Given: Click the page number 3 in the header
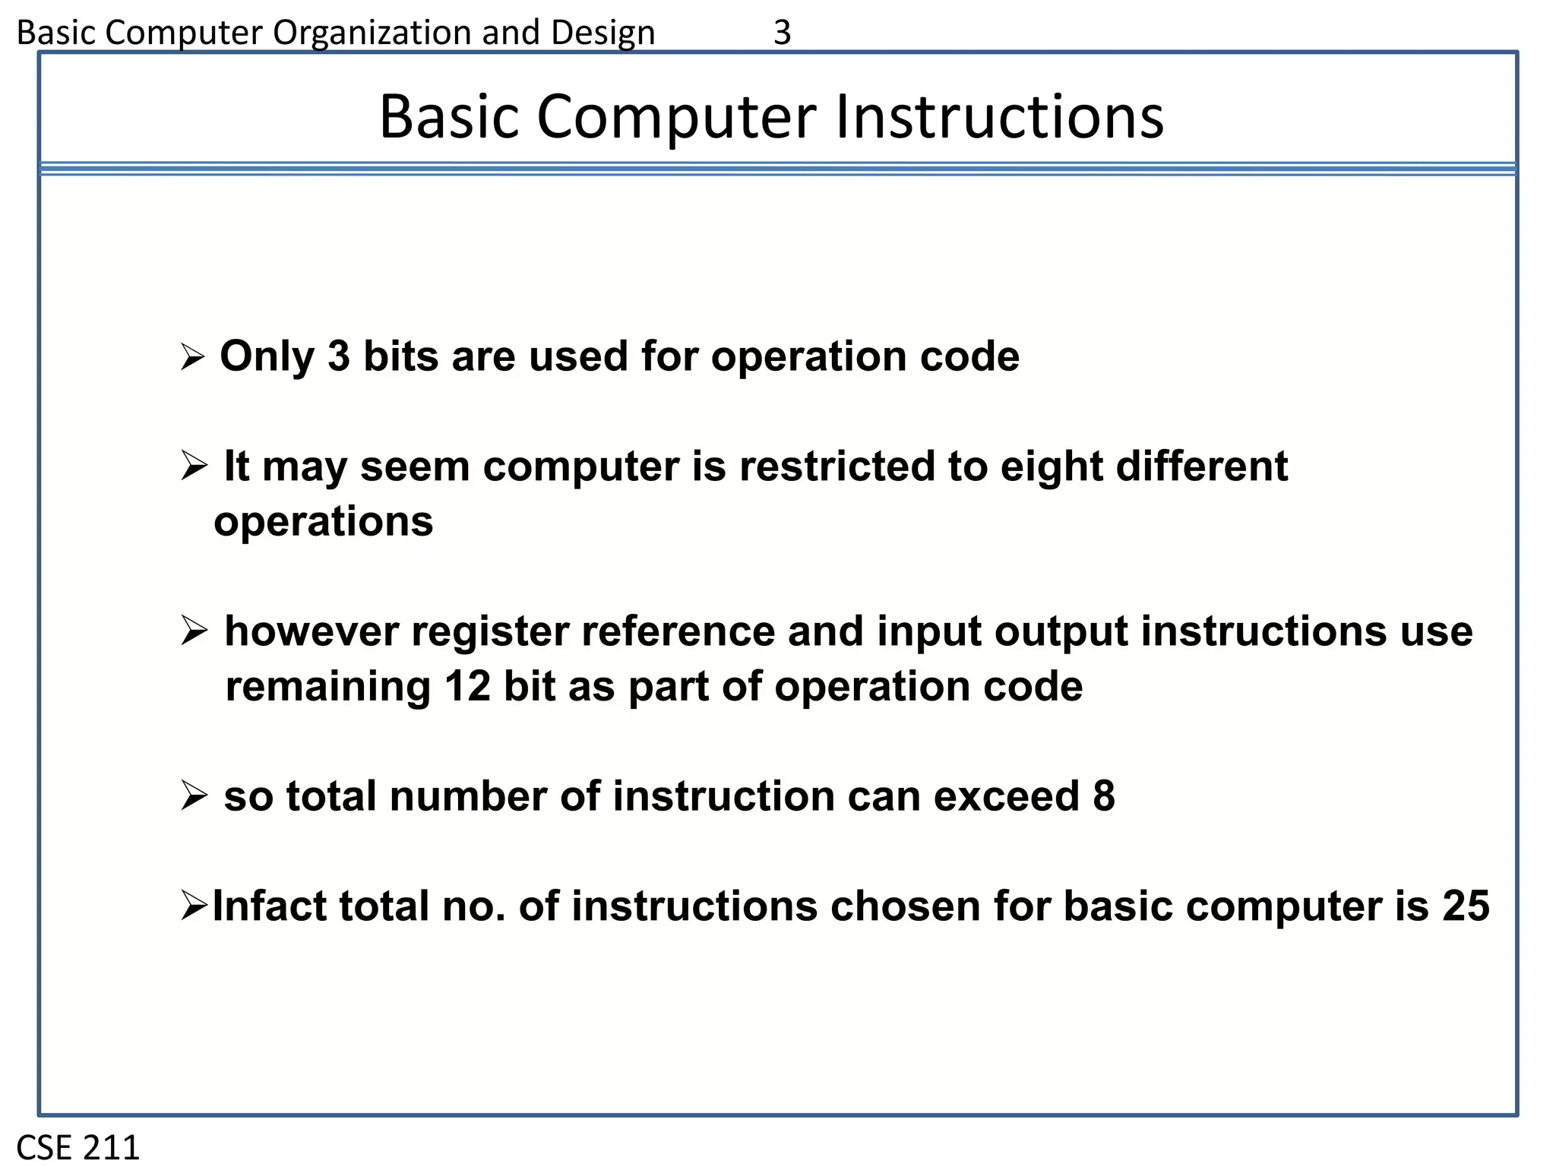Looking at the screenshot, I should coord(782,33).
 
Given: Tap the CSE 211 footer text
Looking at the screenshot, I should coord(78,1146).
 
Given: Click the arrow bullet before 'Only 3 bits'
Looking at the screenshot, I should coord(193,357).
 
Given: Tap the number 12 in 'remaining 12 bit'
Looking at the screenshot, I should coord(467,686).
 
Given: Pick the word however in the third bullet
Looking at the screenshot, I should coord(312,631).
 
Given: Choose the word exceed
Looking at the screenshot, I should coord(1006,796).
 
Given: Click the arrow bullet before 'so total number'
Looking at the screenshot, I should coord(194,797).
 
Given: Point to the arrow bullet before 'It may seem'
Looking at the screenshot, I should coord(194,466).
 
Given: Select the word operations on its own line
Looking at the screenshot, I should coord(323,522).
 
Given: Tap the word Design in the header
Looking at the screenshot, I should coord(602,33).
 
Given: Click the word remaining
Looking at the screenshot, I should coord(328,686).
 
